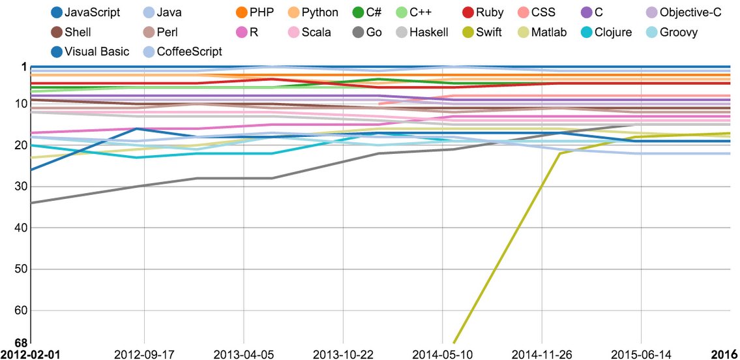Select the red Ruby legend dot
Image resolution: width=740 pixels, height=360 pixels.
[x=468, y=12]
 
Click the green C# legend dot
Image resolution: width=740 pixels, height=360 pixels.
[x=359, y=12]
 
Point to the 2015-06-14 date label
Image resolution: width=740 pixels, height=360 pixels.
[x=642, y=353]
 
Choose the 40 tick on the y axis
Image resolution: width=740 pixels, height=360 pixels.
[x=20, y=228]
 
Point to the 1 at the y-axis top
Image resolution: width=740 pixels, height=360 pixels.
[x=23, y=67]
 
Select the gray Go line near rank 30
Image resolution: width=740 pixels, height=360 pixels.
[x=143, y=186]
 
